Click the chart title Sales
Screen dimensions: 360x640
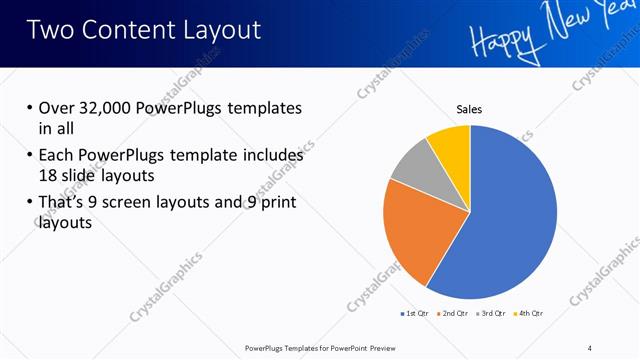click(470, 109)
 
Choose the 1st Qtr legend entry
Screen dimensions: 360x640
click(414, 313)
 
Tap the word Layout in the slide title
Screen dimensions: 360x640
click(219, 30)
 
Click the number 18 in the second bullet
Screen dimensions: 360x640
click(48, 175)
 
